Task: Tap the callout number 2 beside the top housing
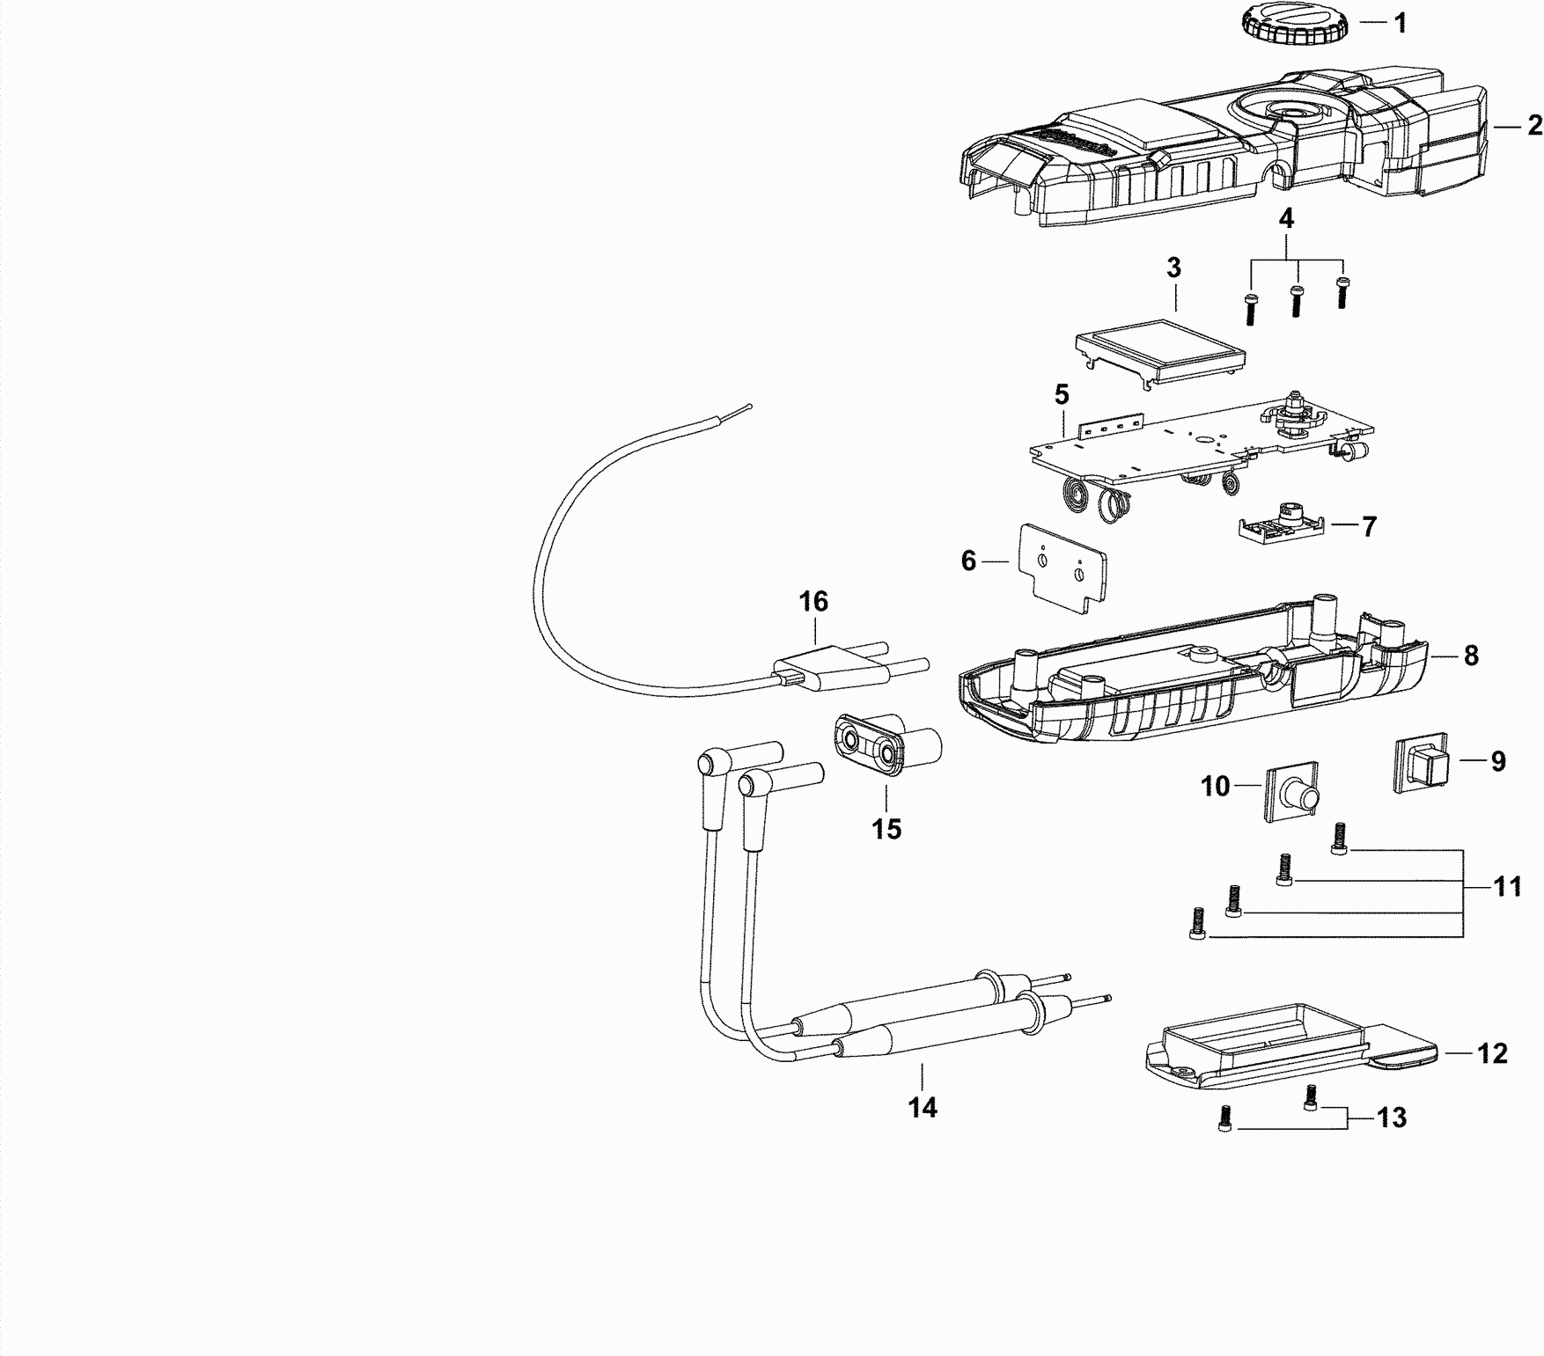(x=1534, y=126)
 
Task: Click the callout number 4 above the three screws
(x=1286, y=219)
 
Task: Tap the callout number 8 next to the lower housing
(x=1470, y=656)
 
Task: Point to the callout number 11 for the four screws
(x=1507, y=886)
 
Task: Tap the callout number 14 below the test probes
(x=923, y=1108)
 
